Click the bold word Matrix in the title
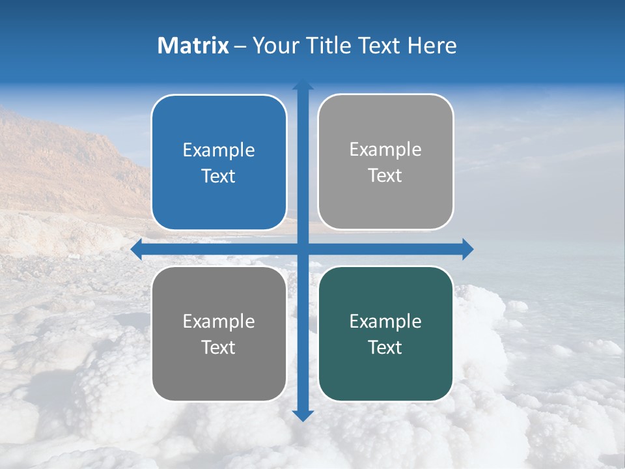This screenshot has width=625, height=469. point(193,46)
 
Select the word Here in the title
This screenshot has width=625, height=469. point(432,46)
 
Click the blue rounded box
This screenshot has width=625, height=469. point(219,163)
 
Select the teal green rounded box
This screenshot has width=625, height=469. point(385,334)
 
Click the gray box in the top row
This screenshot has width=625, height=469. point(385,162)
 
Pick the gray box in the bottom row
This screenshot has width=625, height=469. point(219,334)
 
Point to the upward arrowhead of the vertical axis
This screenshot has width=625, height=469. point(303,85)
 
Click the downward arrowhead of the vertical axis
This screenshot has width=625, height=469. point(303,415)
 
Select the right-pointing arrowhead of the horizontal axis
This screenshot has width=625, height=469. point(467,249)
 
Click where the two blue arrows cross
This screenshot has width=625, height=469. point(303,249)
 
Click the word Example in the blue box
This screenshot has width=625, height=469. point(219,150)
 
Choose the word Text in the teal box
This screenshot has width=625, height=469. point(385,347)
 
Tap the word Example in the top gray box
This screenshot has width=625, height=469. point(385,150)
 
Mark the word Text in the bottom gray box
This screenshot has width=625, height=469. point(219,347)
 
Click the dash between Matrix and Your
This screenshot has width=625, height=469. point(240,46)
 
